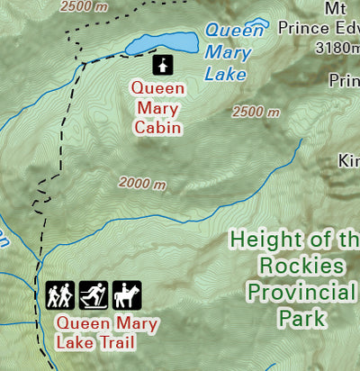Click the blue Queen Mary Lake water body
click(x=162, y=43)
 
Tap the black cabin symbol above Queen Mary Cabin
click(x=162, y=65)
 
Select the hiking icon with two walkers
click(x=60, y=294)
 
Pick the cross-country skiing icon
click(x=94, y=294)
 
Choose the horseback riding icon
click(x=127, y=294)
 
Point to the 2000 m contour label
click(x=143, y=184)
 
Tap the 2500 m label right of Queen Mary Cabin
click(x=256, y=113)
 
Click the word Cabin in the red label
click(x=157, y=128)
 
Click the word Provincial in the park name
click(x=302, y=293)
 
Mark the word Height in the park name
click(x=266, y=240)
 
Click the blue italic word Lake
click(x=225, y=75)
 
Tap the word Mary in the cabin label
click(x=157, y=108)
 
